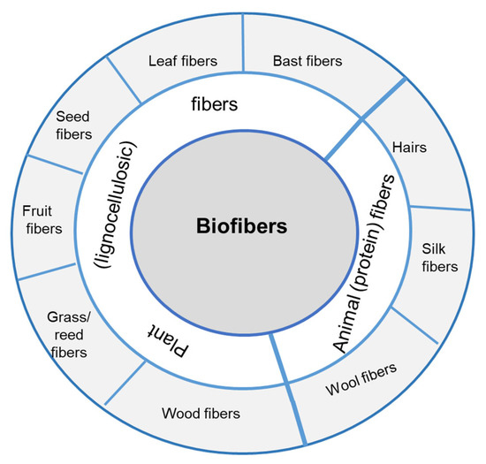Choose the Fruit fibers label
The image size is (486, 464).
[42, 220]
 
